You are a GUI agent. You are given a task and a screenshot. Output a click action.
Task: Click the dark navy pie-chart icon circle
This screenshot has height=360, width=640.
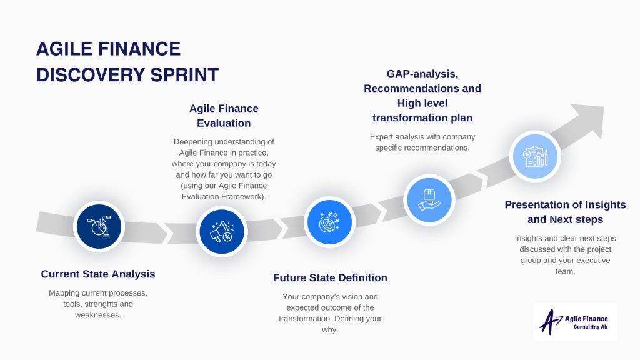99,226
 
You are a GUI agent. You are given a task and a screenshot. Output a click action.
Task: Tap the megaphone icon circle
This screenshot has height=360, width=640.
222,232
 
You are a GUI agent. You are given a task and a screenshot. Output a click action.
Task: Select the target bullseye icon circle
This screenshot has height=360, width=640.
329,222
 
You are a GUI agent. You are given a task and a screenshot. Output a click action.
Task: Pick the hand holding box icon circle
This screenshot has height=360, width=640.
429,200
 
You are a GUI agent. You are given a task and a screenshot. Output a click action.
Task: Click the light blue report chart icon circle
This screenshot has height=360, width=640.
535,156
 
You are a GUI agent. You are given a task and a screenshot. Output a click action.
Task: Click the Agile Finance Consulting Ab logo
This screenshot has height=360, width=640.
576,322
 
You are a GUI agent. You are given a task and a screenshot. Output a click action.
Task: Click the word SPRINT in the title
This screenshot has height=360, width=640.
184,75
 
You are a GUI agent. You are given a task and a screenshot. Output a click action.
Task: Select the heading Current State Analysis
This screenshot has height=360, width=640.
98,274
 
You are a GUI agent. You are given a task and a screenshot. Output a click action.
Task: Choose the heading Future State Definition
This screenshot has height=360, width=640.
330,277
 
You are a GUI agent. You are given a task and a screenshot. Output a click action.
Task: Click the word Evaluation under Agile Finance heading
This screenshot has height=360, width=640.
224,123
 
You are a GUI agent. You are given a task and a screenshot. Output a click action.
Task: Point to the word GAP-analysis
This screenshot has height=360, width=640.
422,74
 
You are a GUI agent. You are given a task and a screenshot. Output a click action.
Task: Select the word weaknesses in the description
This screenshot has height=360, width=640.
98,315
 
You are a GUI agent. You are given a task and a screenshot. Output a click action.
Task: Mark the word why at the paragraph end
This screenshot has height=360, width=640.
330,330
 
